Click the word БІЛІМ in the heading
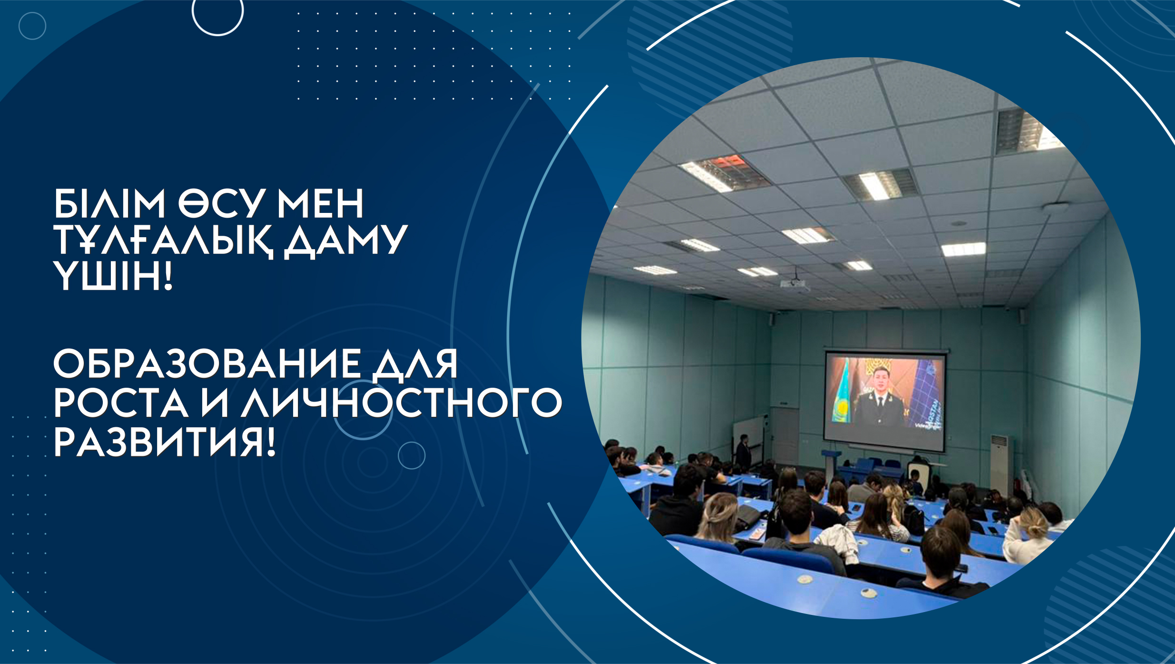pos(109,203)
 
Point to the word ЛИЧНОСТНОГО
pos(402,402)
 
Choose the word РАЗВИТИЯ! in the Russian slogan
pos(165,442)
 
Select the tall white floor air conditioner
pos(1001,465)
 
